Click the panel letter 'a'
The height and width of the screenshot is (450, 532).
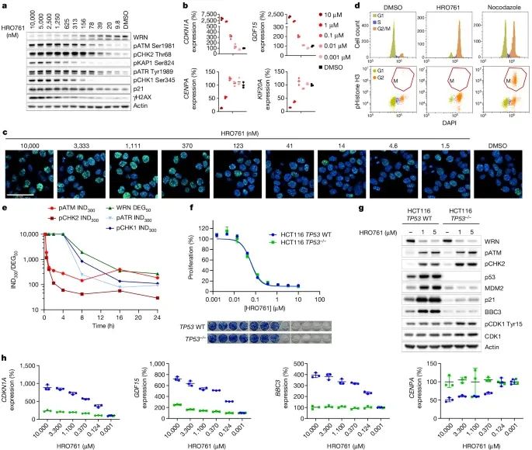click(5, 6)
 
